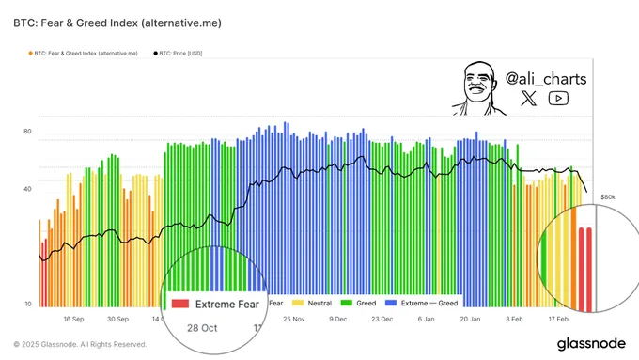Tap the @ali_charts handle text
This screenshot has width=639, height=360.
pyautogui.click(x=545, y=78)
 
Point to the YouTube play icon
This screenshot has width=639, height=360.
pyautogui.click(x=559, y=99)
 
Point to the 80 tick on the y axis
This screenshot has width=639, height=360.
pyautogui.click(x=27, y=132)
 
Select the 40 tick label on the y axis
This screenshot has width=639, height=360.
pyautogui.click(x=27, y=189)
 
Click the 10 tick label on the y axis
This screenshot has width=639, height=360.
pyautogui.click(x=27, y=304)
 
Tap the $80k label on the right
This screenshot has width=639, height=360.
pyautogui.click(x=607, y=197)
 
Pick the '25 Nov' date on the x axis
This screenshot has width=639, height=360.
pyautogui.click(x=293, y=319)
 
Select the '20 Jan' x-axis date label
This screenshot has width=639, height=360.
pyautogui.click(x=471, y=319)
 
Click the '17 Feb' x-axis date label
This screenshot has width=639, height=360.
pyautogui.click(x=559, y=319)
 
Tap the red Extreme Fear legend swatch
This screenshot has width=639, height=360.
pyautogui.click(x=181, y=304)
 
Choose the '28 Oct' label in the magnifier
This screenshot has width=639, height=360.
pyautogui.click(x=202, y=327)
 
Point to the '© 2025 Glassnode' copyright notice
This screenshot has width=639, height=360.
pyautogui.click(x=80, y=344)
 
